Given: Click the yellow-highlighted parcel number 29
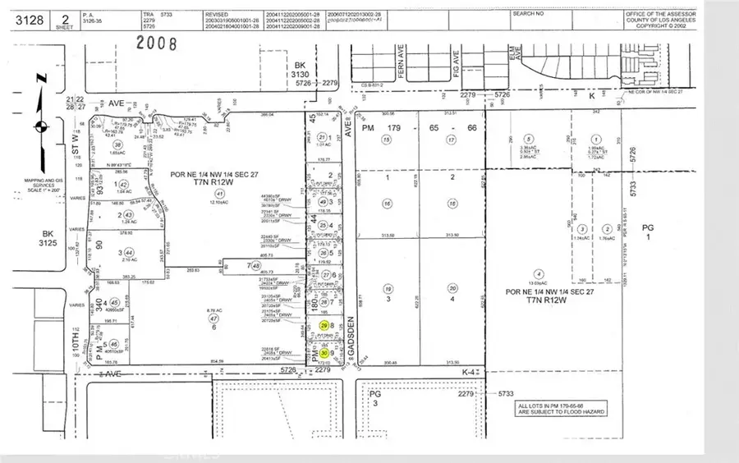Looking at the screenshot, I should (x=324, y=328).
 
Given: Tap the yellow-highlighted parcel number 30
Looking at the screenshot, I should (x=324, y=354).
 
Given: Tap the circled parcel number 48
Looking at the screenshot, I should (x=257, y=265).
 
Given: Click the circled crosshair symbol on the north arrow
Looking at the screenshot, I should (x=39, y=127).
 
